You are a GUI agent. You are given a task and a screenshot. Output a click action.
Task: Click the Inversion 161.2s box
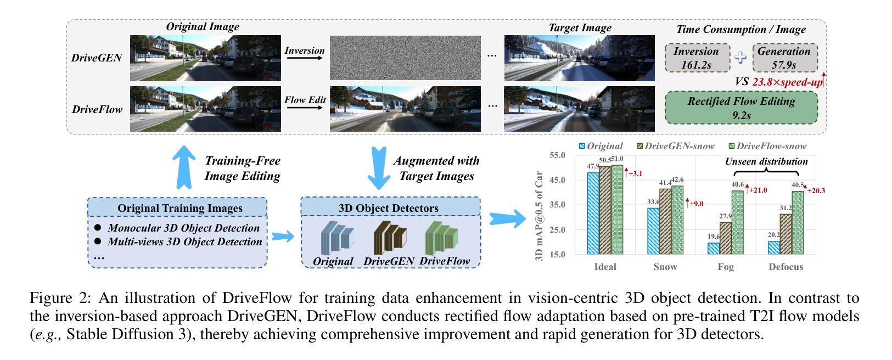click(697, 58)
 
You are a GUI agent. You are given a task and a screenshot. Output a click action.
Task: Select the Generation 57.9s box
click(784, 58)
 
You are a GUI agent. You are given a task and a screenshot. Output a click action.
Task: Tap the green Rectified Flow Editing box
click(741, 108)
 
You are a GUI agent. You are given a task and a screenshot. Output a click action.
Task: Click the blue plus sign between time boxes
click(741, 58)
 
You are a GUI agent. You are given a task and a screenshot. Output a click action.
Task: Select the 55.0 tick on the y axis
click(557, 156)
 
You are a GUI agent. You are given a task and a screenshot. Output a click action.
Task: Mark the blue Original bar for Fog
click(713, 249)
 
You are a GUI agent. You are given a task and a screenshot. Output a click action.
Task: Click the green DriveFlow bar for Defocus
click(797, 222)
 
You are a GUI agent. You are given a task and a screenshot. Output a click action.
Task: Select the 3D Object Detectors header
click(390, 208)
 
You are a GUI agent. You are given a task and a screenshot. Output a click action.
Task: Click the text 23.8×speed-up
click(787, 82)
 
